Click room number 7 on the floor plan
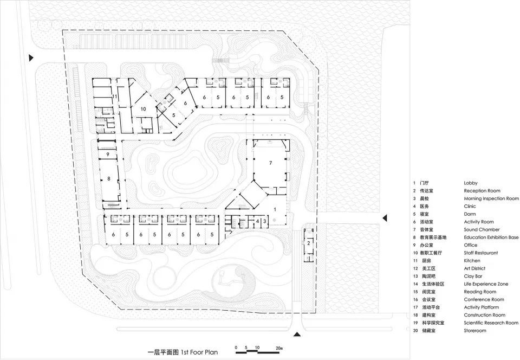pos(270,163)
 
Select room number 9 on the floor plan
pos(108,155)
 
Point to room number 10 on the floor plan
pos(143,109)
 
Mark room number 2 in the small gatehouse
pos(308,243)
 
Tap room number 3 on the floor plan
pos(264,221)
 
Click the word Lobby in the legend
pos(470,183)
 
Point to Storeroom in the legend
pos(475,330)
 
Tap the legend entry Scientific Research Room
pos(491,323)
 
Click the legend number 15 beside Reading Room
pos(415,292)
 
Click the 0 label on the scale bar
pos(236,347)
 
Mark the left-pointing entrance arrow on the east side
pos(385,218)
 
